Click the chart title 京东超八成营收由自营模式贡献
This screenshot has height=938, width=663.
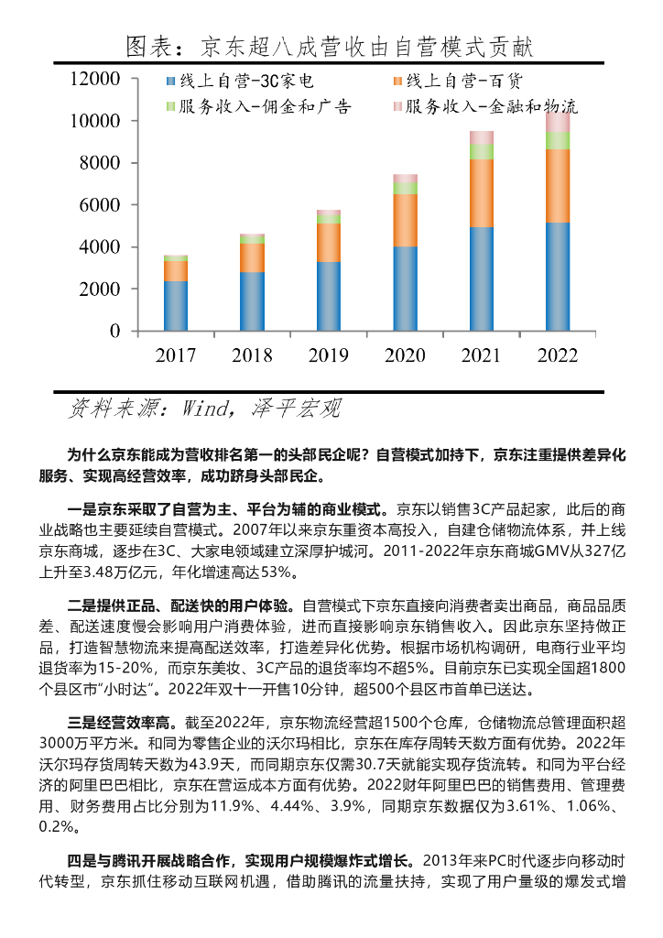click(x=329, y=46)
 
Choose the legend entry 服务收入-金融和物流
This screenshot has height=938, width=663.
click(x=491, y=106)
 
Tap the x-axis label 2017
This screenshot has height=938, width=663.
click(x=176, y=355)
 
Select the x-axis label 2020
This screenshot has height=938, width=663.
click(x=404, y=355)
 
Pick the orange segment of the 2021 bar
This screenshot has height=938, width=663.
click(x=482, y=193)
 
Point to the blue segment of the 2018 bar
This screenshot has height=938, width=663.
click(x=252, y=301)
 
